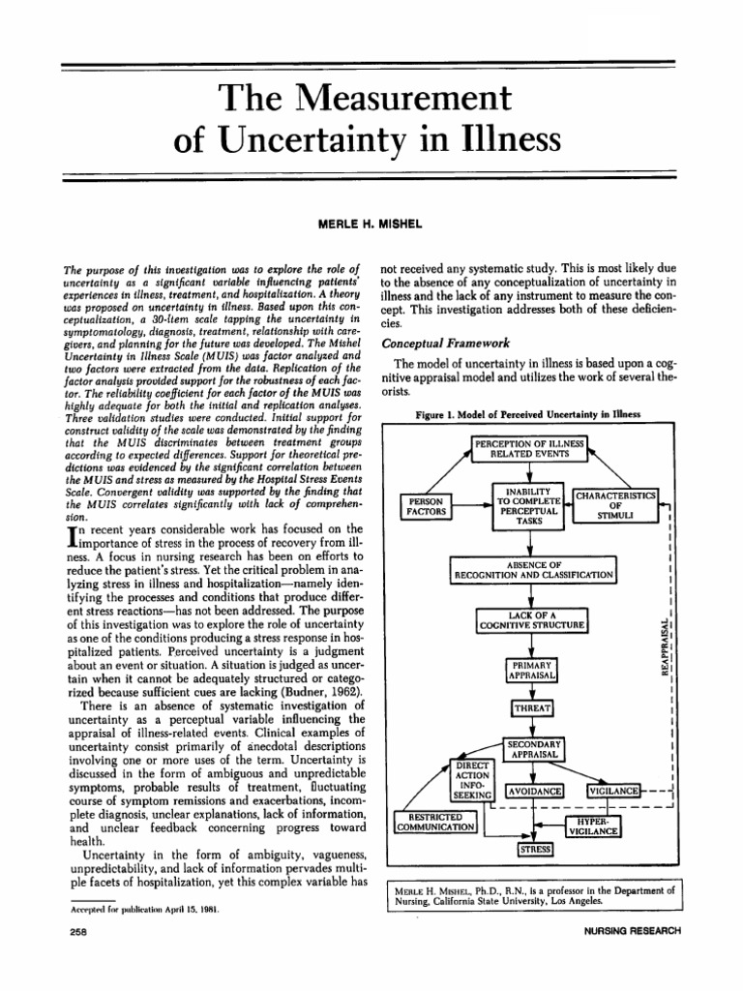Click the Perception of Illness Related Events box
point(529,447)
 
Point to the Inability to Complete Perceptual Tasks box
point(528,506)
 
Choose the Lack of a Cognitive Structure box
point(532,619)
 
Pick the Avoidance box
point(535,791)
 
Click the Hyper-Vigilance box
point(594,826)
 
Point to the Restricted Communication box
point(436,822)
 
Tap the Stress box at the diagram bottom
point(534,849)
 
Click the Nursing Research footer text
point(627,931)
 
